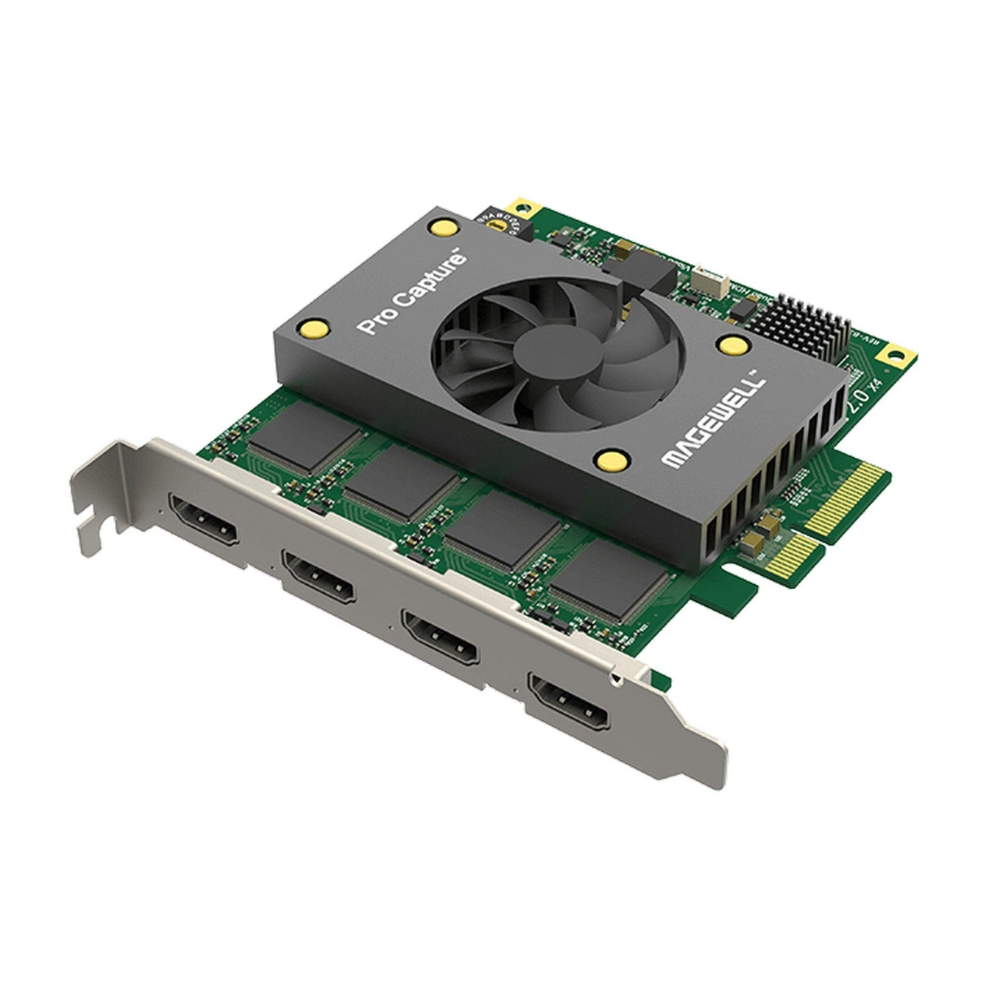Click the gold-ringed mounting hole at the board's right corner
[897, 355]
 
